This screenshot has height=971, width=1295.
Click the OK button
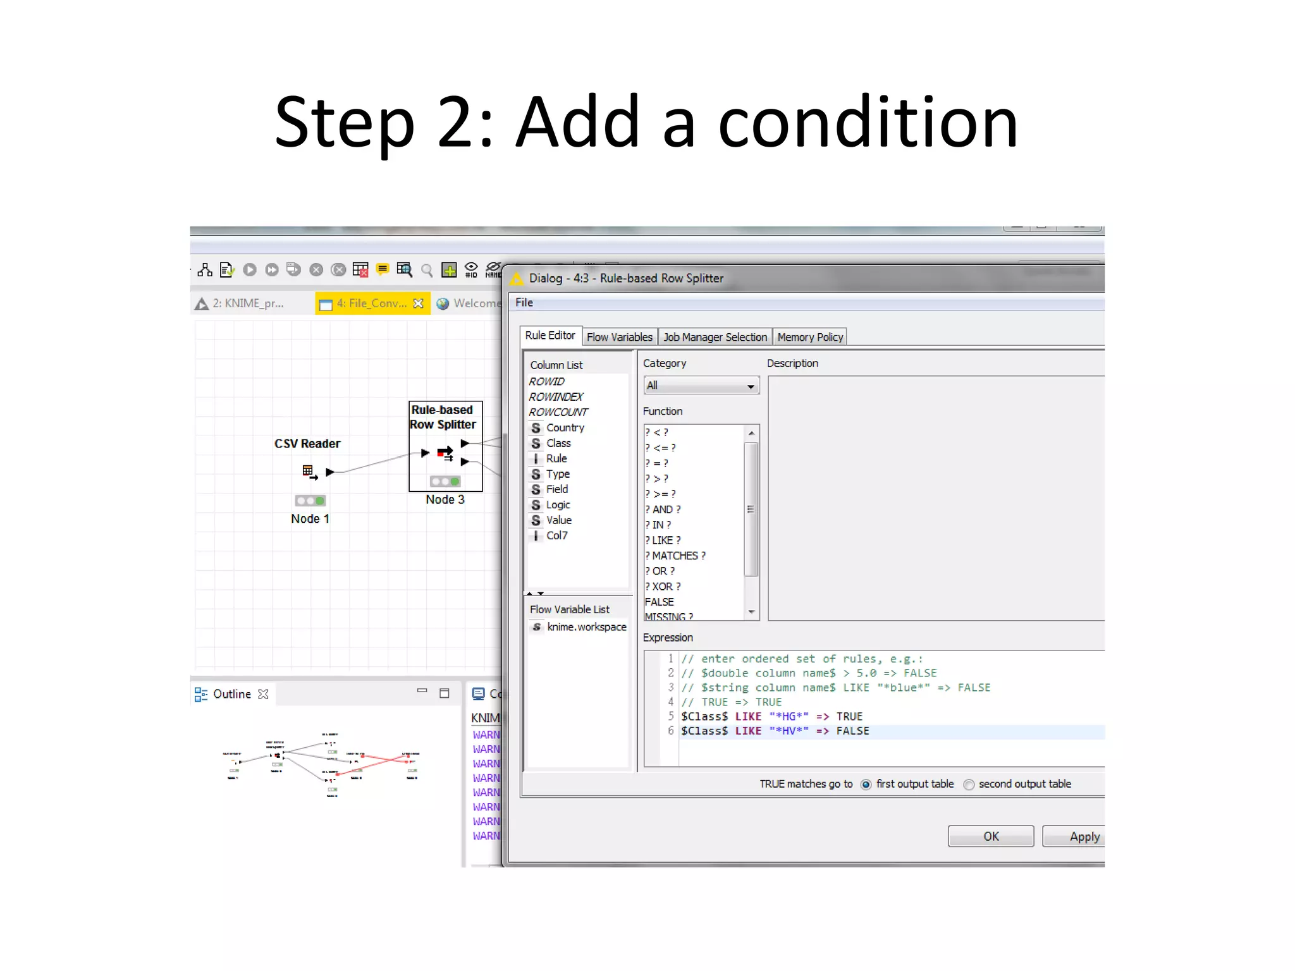point(990,836)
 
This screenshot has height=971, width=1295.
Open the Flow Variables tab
point(619,337)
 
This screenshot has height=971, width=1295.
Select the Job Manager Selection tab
point(715,337)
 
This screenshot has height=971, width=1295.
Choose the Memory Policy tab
point(810,337)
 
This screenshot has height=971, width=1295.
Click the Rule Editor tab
point(549,336)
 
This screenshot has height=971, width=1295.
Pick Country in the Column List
point(565,428)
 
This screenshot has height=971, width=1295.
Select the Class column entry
point(558,443)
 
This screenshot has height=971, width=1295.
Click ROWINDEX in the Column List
point(556,397)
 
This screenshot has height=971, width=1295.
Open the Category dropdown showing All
point(701,386)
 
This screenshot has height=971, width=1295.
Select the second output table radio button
point(969,785)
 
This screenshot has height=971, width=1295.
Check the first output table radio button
point(866,785)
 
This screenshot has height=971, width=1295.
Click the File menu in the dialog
point(524,302)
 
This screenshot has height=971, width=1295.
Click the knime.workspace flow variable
point(586,627)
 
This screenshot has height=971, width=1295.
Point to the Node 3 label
point(445,499)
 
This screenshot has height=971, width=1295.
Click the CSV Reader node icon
point(309,472)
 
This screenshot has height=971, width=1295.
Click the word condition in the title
point(868,122)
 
